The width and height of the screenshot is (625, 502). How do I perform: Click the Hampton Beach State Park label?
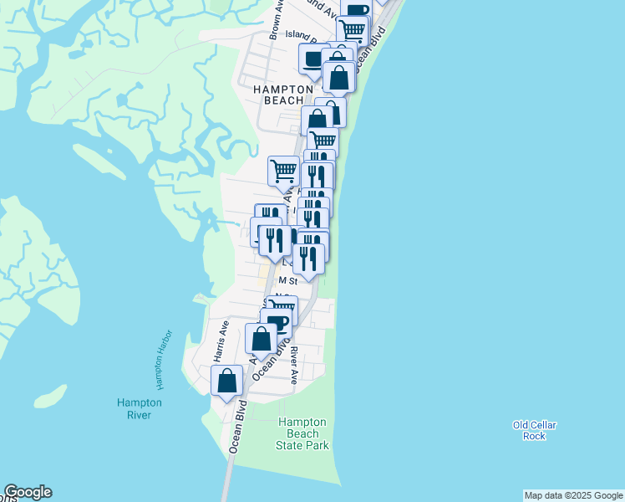302,433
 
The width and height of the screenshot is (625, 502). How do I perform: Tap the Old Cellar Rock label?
534,430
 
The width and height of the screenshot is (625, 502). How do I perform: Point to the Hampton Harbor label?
157,366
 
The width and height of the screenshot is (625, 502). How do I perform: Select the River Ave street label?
294,366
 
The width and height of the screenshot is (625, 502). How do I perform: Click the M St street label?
287,281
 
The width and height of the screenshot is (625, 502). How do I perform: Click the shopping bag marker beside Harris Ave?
227,381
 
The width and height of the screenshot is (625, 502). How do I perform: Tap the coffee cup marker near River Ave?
276,322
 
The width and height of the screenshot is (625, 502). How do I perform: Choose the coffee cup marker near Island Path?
313,59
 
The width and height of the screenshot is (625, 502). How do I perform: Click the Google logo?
28,492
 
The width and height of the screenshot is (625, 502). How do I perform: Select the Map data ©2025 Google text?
573,495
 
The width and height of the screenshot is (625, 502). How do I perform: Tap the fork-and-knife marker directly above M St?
308,259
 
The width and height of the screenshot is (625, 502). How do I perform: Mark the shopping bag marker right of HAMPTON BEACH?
340,77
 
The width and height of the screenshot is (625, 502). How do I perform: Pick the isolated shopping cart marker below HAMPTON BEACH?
283,170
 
